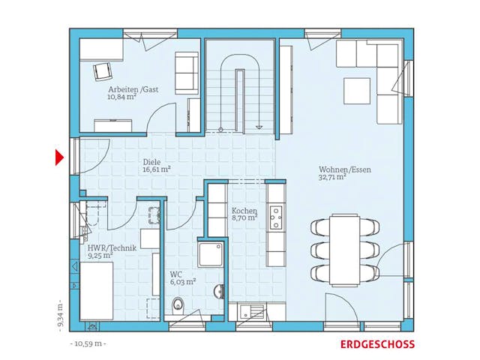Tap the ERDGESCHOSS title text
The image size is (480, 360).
(376, 344)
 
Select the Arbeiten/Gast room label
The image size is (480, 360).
(132, 88)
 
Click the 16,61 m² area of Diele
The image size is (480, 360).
(157, 169)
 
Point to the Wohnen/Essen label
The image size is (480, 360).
(344, 169)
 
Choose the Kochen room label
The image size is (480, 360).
(244, 211)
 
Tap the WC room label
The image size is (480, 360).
(175, 274)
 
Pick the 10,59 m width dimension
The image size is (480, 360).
(89, 344)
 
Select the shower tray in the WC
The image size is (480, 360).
(211, 253)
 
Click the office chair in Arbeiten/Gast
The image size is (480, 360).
(102, 70)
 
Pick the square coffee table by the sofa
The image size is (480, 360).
(357, 91)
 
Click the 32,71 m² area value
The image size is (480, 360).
(331, 178)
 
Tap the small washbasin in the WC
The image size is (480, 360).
(218, 291)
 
